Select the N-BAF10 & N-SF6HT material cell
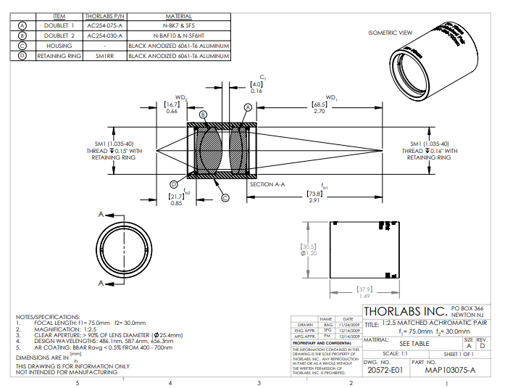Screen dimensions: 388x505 coord(178,34)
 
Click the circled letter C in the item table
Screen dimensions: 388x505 coord(22,44)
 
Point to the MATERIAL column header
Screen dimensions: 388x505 coord(178,15)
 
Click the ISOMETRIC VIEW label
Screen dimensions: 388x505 coord(390,33)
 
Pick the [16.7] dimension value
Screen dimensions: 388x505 coord(172,104)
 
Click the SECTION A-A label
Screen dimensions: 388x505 coord(267,184)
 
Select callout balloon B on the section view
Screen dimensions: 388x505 coord(204,115)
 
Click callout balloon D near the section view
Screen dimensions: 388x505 coord(173,184)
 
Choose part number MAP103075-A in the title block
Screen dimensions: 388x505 coord(444,370)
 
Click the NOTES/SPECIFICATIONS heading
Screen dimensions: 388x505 coord(48,317)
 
